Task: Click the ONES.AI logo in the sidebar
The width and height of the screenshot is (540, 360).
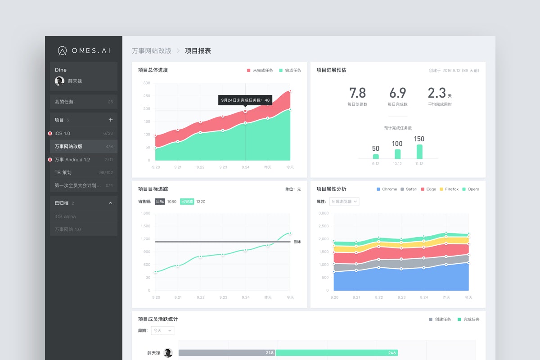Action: click(x=84, y=50)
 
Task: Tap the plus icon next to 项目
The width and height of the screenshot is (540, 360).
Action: click(x=111, y=120)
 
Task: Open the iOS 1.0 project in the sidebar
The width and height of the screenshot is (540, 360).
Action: click(x=63, y=133)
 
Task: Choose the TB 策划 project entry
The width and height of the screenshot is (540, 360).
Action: click(x=63, y=172)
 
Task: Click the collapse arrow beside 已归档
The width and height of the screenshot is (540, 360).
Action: click(x=111, y=203)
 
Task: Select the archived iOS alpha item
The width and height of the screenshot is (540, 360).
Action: click(x=65, y=216)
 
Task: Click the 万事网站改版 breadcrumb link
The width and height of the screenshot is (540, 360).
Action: click(x=152, y=51)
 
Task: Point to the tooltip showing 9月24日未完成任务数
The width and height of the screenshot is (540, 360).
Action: click(x=245, y=100)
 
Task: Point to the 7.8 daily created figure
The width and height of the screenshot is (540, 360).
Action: click(x=358, y=93)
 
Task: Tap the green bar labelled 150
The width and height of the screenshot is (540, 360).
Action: click(x=419, y=151)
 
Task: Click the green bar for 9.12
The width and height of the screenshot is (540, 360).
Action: click(x=376, y=156)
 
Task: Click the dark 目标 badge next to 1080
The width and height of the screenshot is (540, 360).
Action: click(x=160, y=202)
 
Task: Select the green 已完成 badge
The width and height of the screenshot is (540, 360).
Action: click(x=187, y=202)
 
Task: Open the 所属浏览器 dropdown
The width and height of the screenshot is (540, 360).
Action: click(x=344, y=202)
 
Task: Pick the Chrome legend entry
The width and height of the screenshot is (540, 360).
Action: click(x=387, y=189)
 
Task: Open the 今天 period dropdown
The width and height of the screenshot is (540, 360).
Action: click(x=162, y=330)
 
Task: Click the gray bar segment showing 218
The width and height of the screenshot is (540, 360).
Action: click(x=227, y=353)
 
